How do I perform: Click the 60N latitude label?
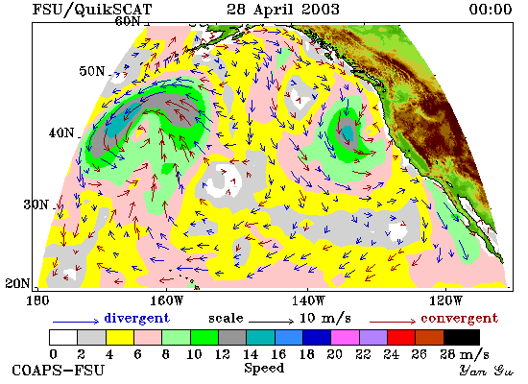coord(128,21)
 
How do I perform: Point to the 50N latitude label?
coord(92,71)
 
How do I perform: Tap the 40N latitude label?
coord(61,132)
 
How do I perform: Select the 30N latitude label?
coord(36,204)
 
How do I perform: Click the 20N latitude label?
coord(18,283)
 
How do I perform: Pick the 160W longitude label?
coord(166,300)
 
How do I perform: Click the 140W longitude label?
coord(308,300)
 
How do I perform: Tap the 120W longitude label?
coord(445,300)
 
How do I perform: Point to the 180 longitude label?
coord(37,300)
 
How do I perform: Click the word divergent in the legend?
coord(136,318)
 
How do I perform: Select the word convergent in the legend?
coord(459,318)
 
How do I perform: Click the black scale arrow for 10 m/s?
coord(271,322)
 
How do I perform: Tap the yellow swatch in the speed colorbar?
coord(120,338)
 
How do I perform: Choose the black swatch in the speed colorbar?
coord(462,338)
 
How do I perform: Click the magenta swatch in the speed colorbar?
coord(346,338)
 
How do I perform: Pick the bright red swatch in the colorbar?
coord(401,338)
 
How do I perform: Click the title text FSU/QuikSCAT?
coord(92,9)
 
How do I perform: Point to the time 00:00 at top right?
coord(491,9)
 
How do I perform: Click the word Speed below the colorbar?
coord(264,368)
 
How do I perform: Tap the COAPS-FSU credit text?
coord(58,371)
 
